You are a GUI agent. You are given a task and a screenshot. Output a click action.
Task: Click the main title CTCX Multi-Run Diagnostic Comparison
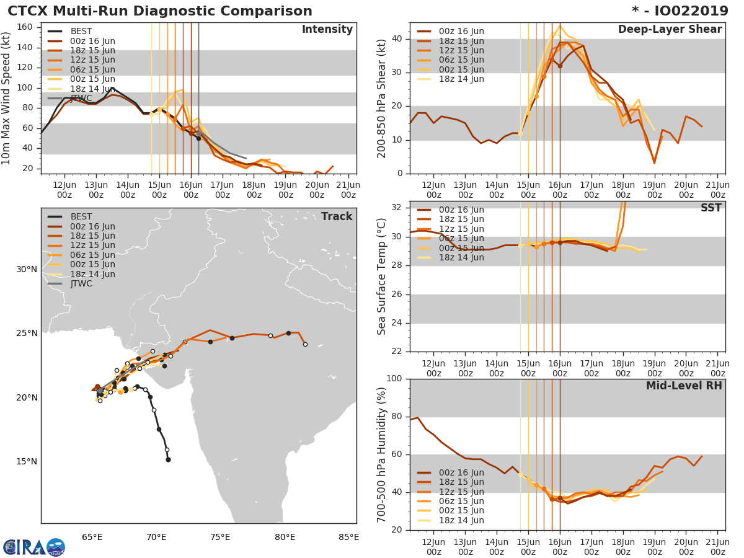160,11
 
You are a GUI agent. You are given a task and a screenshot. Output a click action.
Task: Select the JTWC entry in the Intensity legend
81,99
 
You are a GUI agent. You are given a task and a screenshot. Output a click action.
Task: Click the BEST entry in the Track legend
81,216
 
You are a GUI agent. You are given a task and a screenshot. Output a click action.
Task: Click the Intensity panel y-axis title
7,99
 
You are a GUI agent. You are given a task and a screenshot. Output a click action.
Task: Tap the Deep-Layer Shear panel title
670,30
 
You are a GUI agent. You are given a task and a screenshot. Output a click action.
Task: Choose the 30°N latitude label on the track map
27,269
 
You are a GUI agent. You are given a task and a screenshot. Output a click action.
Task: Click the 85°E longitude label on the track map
348,537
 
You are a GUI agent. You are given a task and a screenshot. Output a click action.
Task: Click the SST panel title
711,208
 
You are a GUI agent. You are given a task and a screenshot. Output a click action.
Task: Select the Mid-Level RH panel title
684,386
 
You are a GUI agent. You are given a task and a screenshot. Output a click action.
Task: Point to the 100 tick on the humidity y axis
395,379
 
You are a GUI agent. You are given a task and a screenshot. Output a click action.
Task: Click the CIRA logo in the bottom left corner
33,547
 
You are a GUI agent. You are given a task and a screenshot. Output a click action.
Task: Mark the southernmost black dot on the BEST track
168,459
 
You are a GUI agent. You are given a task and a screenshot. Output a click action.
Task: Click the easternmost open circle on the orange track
305,344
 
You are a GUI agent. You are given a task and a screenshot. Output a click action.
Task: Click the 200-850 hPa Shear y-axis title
382,99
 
